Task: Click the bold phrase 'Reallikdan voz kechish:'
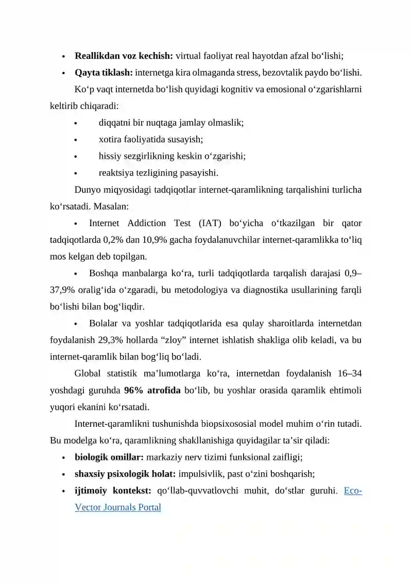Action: pyautogui.click(x=125, y=56)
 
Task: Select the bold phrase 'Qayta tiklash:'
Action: pyautogui.click(x=104, y=72)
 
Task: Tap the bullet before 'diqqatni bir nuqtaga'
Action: pyautogui.click(x=76, y=123)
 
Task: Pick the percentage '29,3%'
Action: pyautogui.click(x=160, y=340)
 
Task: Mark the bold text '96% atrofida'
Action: pyautogui.click(x=152, y=390)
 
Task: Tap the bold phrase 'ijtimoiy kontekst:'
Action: pyautogui.click(x=112, y=490)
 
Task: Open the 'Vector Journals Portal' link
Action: pyautogui.click(x=118, y=507)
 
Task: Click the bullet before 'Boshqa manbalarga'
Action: pyautogui.click(x=76, y=273)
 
